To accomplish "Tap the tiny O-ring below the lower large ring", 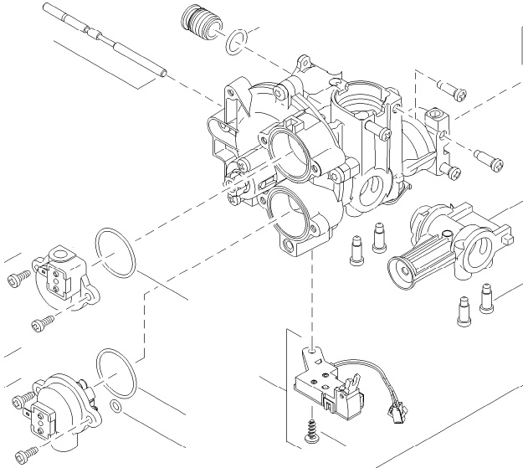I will pos(117,409).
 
